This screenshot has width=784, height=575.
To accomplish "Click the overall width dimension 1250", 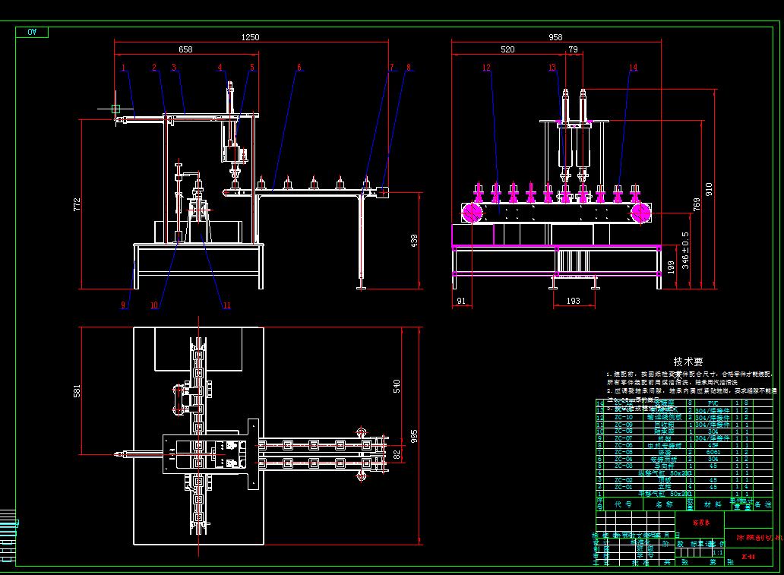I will pyautogui.click(x=250, y=37).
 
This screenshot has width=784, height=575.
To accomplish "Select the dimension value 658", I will pyautogui.click(x=185, y=49).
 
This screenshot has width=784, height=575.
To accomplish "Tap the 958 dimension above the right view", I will pyautogui.click(x=555, y=37).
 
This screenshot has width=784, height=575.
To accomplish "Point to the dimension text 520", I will pyautogui.click(x=507, y=49).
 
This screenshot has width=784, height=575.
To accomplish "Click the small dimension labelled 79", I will pyautogui.click(x=573, y=49).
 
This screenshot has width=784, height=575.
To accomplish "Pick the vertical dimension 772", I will pyautogui.click(x=76, y=204).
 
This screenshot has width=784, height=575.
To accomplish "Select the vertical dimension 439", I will pyautogui.click(x=414, y=240).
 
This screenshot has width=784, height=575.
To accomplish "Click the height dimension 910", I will pyautogui.click(x=708, y=188).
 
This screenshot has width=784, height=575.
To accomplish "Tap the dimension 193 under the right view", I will pyautogui.click(x=573, y=302).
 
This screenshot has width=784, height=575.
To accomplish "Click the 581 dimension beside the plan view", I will pyautogui.click(x=76, y=391).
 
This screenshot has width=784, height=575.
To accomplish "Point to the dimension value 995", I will pyautogui.click(x=414, y=435).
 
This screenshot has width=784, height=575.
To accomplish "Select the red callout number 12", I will pyautogui.click(x=486, y=68).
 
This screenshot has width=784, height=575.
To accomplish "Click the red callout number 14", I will pyautogui.click(x=633, y=68).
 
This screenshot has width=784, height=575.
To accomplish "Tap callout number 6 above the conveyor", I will pyautogui.click(x=299, y=68).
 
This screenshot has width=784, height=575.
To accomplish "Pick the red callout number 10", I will pyautogui.click(x=154, y=305).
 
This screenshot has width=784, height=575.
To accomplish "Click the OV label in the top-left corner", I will pyautogui.click(x=32, y=32).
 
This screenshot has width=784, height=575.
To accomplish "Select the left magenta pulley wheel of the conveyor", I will pyautogui.click(x=472, y=213).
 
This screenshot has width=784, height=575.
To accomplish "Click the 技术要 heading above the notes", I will pyautogui.click(x=688, y=362).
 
